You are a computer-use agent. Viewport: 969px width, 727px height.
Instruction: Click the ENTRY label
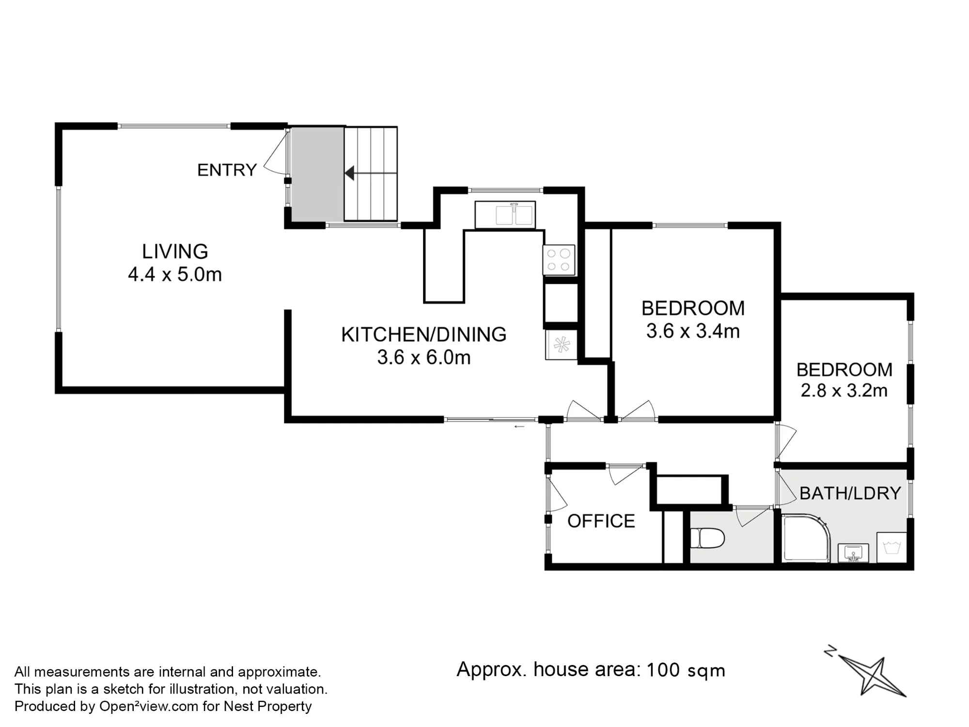point(227,170)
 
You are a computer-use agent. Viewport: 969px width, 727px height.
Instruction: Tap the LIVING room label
point(175,252)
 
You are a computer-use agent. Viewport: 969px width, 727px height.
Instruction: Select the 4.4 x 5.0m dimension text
point(175,274)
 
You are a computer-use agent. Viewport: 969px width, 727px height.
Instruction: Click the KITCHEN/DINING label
point(424,334)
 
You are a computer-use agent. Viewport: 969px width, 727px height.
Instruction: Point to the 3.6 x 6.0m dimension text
point(424,357)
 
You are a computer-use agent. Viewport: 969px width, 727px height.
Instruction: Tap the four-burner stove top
point(559,260)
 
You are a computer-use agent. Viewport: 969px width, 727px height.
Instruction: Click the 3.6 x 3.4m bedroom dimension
point(693,331)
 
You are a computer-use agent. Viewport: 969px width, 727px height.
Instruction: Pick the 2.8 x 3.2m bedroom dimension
point(844,391)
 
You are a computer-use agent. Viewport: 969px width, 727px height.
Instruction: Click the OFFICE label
point(601,521)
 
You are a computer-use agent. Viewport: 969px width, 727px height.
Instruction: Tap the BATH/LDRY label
point(850,493)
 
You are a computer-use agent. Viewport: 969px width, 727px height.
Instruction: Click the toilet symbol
point(707,538)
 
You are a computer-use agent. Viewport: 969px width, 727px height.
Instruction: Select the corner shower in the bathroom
point(805,538)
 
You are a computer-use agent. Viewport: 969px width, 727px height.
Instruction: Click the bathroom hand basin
point(853,553)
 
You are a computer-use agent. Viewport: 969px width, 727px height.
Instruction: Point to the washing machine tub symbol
point(892,548)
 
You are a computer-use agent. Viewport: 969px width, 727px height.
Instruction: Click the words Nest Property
point(267,707)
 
